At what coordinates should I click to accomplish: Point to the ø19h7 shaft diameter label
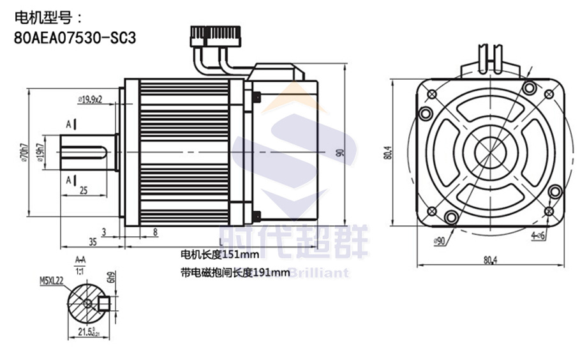coord(40,153)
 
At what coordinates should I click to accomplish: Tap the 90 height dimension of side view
coord(339,153)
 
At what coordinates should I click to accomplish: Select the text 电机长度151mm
coord(215,256)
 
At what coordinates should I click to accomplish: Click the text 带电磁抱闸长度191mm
coord(235,273)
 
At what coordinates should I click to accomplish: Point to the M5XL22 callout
coord(51,280)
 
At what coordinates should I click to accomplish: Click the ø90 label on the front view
coord(438,241)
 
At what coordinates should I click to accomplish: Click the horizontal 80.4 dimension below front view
coord(490,260)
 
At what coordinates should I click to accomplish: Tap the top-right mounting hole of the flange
coord(528,88)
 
